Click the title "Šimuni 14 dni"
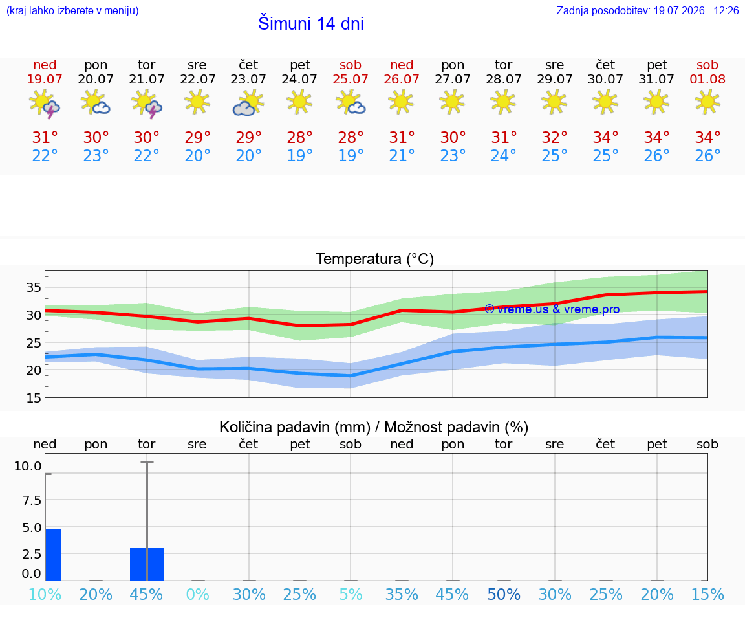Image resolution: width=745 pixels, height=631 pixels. tap(310, 23)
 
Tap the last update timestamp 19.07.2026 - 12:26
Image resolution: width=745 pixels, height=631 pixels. tap(696, 10)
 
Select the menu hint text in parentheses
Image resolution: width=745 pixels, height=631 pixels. tap(72, 10)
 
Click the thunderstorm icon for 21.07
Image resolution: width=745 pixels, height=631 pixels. tap(147, 103)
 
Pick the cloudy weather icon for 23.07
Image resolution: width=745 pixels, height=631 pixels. tap(248, 103)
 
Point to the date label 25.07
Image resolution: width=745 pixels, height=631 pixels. tap(351, 79)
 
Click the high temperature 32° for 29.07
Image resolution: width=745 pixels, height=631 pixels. tap(554, 137)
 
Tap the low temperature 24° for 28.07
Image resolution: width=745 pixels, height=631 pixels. tap(504, 155)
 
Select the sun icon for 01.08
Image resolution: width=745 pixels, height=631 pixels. tap(707, 102)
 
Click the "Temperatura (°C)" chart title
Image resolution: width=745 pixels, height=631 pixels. tap(375, 259)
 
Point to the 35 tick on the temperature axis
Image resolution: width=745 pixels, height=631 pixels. tap(33, 287)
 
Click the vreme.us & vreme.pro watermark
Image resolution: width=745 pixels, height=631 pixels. tap(552, 309)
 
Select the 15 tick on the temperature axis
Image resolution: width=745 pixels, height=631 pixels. tap(33, 397)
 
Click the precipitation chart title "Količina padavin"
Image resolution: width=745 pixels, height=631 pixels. tap(295, 427)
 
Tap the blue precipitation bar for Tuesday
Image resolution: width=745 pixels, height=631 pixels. tap(147, 564)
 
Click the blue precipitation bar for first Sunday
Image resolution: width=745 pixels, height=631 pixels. tap(53, 555)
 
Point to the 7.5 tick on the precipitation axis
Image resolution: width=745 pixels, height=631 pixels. tap(32, 500)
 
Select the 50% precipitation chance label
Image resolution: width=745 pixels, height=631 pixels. tap(504, 594)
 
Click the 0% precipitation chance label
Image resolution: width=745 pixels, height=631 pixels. tap(198, 594)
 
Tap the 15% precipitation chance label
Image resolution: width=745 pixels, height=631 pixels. tap(707, 594)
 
